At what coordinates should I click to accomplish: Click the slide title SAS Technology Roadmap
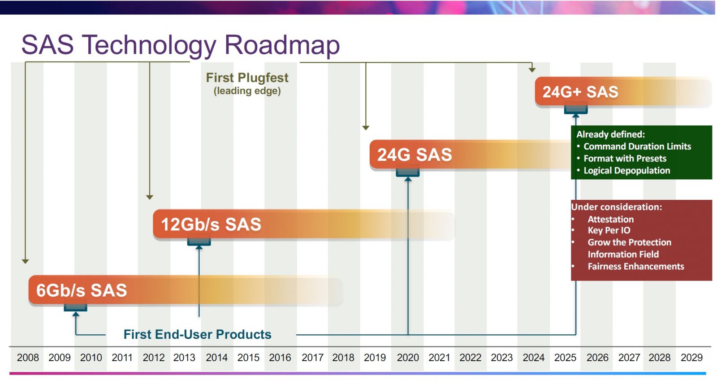pos(180,45)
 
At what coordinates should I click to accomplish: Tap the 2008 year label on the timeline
pos(28,358)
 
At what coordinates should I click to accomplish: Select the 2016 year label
pos(280,358)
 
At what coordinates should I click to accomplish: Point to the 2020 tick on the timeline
pos(408,358)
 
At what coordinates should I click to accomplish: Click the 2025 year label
pos(565,358)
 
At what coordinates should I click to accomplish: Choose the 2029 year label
pos(691,358)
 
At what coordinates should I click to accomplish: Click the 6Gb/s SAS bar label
pos(82,290)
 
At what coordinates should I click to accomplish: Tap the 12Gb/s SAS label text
pos(211,225)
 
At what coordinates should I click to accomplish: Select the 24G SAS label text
pos(415,155)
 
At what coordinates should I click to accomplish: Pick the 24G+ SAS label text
pos(580,92)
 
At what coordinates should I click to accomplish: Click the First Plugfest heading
pos(247,78)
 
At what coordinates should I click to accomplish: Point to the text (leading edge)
pos(247,91)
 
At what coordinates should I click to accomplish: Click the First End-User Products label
pos(197,334)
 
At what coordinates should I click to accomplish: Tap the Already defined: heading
pos(610,134)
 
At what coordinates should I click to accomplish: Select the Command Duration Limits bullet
pos(637,147)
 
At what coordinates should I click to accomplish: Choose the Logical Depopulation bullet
pos(626,171)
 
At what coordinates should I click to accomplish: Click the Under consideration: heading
pos(616,207)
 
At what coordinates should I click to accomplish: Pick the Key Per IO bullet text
pos(609,230)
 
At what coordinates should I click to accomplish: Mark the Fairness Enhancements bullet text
pos(635,267)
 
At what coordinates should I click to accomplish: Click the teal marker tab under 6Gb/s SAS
pos(75,307)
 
